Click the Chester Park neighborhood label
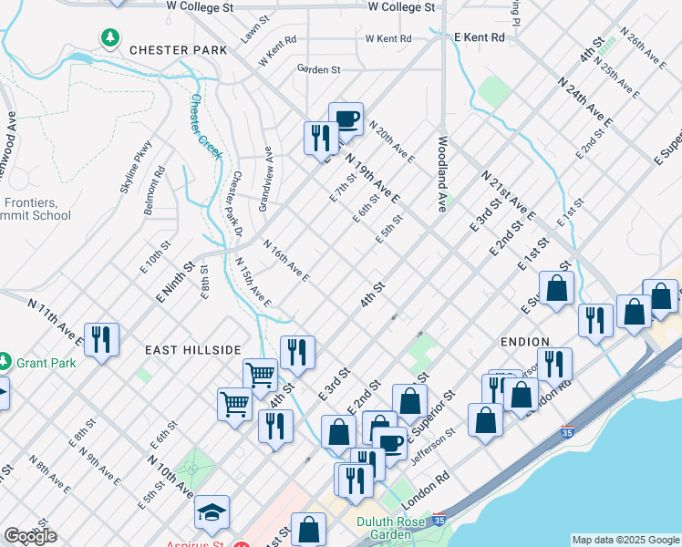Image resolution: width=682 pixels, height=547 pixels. (x=177, y=49)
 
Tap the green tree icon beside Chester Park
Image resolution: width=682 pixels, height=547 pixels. (x=110, y=37)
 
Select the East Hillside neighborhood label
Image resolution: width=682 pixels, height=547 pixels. (x=191, y=349)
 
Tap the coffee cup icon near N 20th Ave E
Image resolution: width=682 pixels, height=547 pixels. (x=346, y=119)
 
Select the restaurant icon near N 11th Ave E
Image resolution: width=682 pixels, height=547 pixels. (x=101, y=340)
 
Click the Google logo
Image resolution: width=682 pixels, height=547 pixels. (x=30, y=535)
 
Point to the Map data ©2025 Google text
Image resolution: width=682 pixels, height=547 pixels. (x=625, y=541)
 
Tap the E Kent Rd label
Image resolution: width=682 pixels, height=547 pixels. (x=480, y=37)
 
